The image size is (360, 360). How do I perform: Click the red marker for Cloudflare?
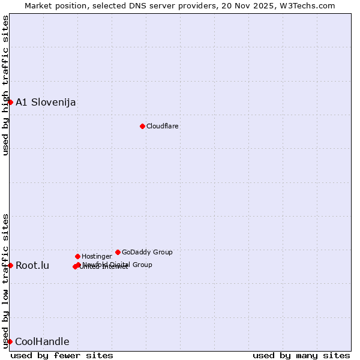(x=142, y=126)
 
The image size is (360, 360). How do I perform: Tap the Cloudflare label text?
(x=163, y=126)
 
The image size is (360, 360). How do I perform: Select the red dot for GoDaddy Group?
(x=118, y=252)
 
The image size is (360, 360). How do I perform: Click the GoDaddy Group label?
(x=147, y=252)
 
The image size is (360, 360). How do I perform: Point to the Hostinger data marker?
(x=77, y=256)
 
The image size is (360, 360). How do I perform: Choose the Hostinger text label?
(x=97, y=256)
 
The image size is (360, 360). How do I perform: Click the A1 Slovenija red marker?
(x=10, y=102)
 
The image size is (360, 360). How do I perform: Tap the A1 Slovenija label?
(x=46, y=102)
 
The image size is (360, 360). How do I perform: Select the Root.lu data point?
(x=10, y=265)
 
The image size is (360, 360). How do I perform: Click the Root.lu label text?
(x=32, y=265)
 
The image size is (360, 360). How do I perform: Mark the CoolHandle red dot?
(x=10, y=341)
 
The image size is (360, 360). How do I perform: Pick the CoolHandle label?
(x=42, y=342)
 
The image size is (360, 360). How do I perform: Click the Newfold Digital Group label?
(x=118, y=265)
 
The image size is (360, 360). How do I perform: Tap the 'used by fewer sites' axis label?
(x=62, y=355)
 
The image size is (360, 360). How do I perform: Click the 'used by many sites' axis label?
(x=301, y=355)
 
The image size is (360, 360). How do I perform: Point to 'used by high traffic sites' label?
(x=6, y=85)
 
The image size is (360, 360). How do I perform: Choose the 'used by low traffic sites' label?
(x=6, y=281)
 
